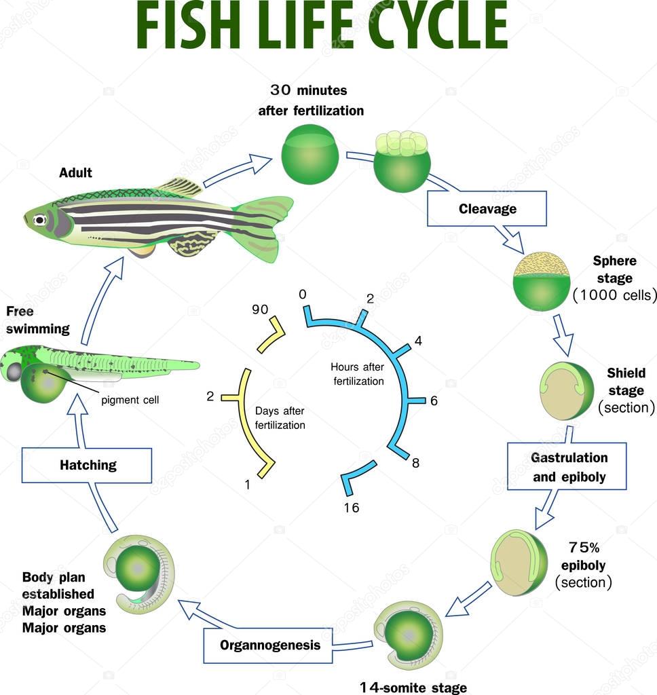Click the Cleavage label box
[487, 208]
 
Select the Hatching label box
[88, 465]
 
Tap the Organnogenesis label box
[269, 645]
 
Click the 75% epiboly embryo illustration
[519, 563]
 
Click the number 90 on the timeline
[260, 309]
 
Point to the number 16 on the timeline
[351, 508]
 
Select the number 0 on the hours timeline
[302, 294]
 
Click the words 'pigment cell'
[130, 400]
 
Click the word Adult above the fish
[75, 173]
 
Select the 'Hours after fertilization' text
[358, 374]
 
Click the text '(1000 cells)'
[614, 295]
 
